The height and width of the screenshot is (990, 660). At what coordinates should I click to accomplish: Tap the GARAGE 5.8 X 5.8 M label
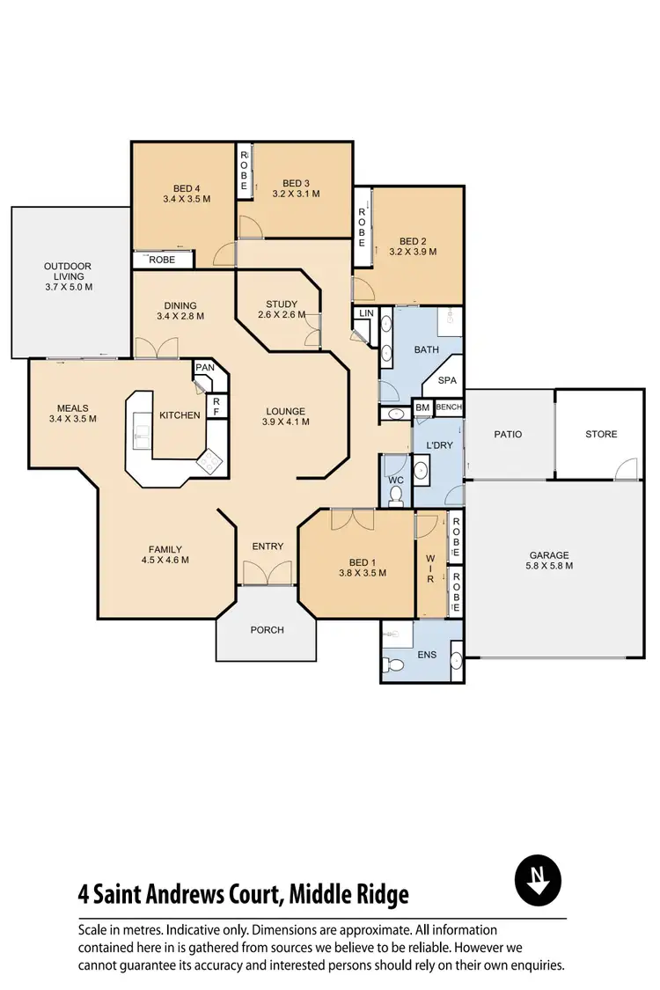550,561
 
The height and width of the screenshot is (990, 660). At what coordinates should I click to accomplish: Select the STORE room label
601,434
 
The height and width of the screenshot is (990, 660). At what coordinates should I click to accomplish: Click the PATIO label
508,434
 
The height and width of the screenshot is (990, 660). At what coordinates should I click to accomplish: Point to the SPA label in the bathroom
447,380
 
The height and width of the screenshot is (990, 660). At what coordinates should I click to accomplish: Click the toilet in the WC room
395,497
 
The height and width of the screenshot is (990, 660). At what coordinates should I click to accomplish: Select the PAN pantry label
205,368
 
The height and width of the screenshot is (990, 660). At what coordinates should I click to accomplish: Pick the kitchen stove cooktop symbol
211,460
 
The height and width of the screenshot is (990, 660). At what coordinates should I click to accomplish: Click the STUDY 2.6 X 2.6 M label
282,310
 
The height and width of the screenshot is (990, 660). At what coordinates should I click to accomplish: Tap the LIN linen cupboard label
366,313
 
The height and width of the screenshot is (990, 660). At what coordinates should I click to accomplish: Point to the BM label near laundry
422,407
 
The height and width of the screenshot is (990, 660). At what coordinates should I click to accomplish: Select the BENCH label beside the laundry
449,407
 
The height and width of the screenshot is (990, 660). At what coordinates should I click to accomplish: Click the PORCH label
266,629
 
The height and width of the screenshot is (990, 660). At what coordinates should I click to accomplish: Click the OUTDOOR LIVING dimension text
69,287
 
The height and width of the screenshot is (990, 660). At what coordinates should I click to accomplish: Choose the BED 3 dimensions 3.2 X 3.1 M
296,194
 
